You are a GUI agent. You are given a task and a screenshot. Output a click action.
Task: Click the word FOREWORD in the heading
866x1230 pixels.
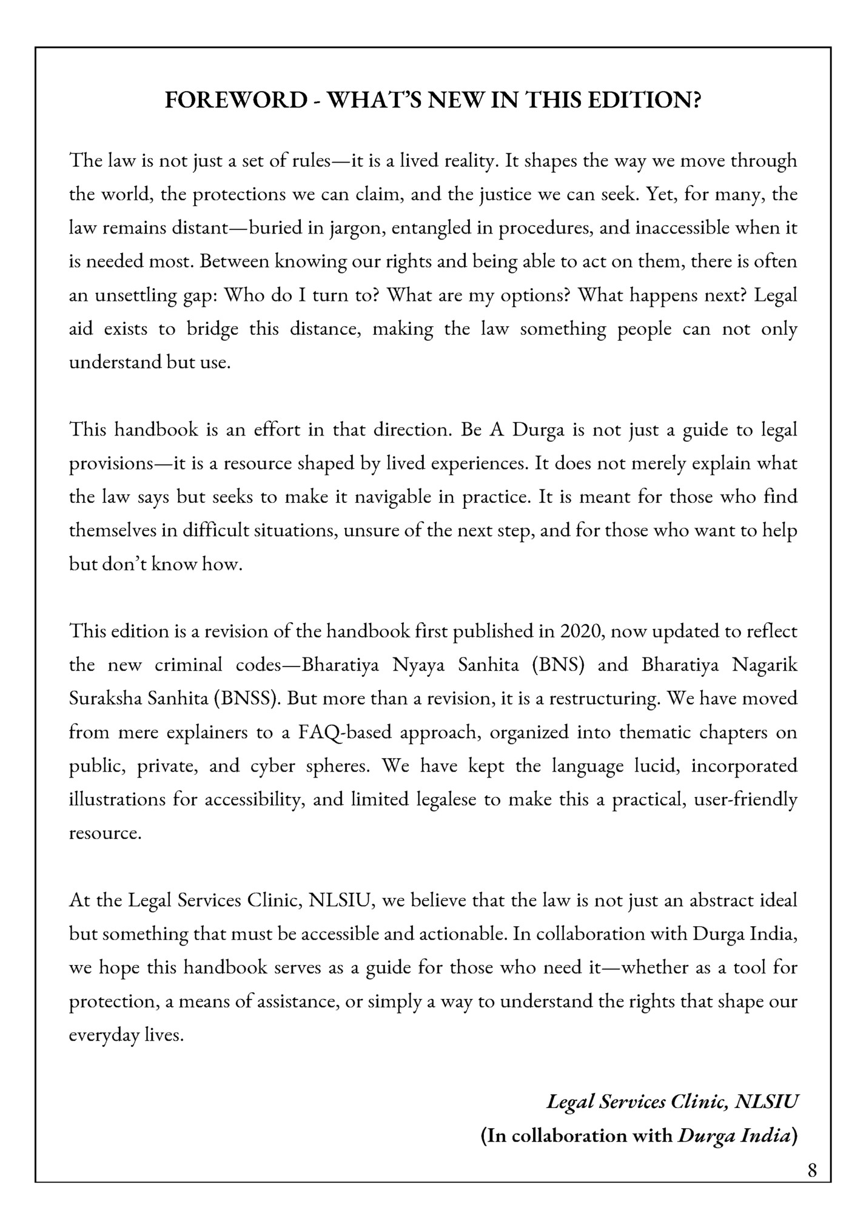click(236, 100)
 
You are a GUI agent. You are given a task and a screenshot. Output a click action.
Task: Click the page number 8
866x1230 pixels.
click(812, 1170)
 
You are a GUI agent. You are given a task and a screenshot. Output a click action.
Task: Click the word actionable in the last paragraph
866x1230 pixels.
click(463, 933)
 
